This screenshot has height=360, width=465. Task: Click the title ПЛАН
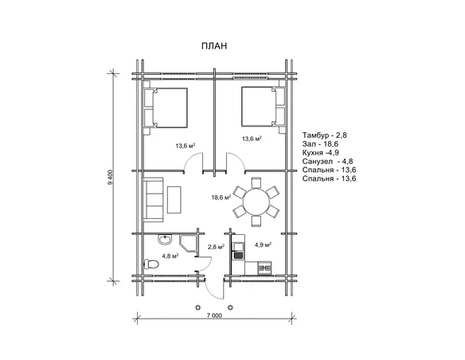(214, 46)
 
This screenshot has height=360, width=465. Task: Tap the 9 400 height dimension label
(111, 177)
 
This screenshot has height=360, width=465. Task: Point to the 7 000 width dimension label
(214, 315)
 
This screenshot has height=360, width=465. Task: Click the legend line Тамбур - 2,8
(324, 135)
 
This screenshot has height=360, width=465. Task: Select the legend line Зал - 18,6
(320, 144)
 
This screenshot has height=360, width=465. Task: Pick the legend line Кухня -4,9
(321, 153)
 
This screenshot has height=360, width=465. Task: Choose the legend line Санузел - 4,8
(328, 162)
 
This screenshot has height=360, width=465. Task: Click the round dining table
(256, 202)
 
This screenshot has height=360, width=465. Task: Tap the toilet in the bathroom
(150, 264)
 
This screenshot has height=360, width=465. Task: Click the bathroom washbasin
(164, 239)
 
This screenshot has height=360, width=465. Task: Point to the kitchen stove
(264, 268)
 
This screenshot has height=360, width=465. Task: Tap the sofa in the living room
(154, 200)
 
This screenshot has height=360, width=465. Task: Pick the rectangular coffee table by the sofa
(174, 200)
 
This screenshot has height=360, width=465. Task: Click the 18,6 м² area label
(221, 198)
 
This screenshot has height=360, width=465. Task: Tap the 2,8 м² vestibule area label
(216, 247)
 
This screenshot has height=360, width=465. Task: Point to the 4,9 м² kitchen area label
(264, 245)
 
